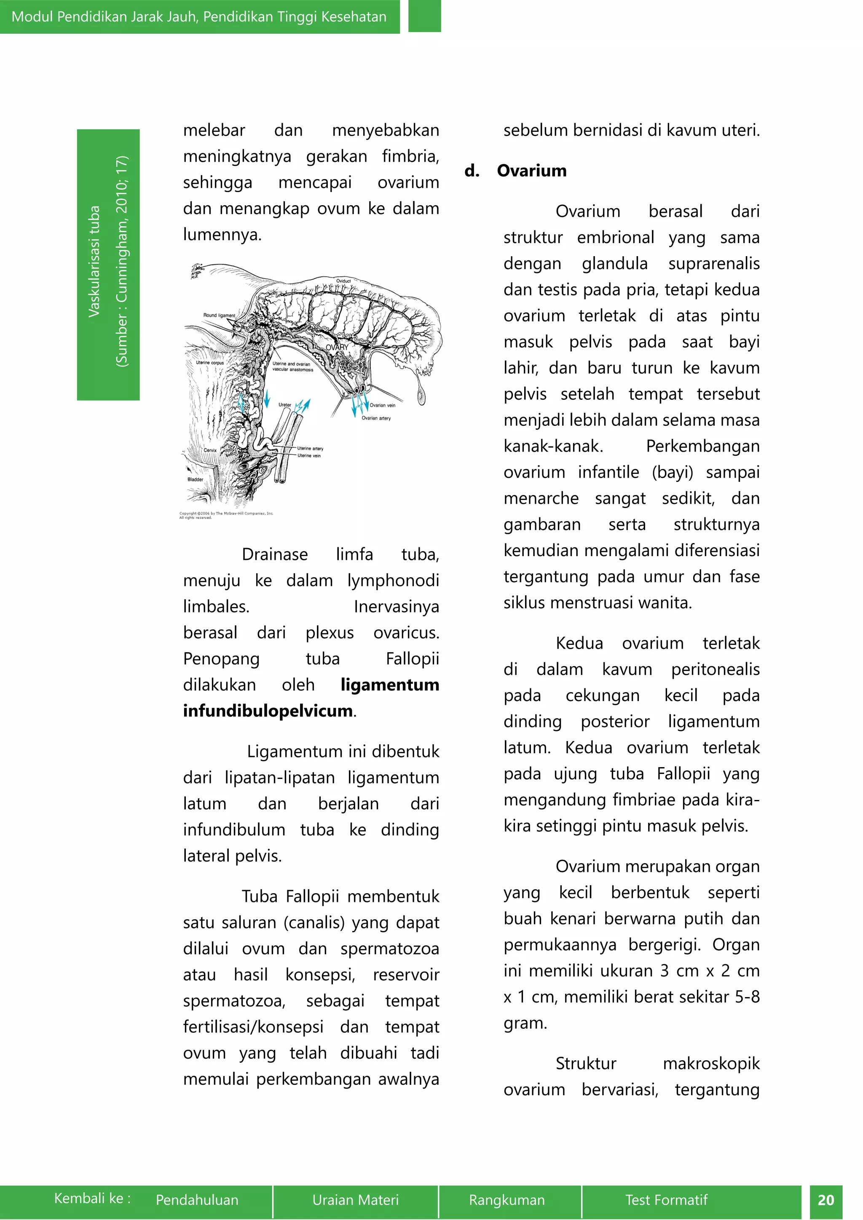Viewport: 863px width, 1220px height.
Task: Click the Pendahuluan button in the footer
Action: (x=197, y=1200)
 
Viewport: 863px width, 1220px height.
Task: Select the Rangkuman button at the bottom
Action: (x=507, y=1200)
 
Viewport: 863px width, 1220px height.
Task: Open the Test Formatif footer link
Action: (x=666, y=1200)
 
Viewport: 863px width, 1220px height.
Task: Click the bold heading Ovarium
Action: (x=531, y=171)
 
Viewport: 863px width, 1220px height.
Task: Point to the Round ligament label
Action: (x=219, y=316)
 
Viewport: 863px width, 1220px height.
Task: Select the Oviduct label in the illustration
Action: (x=343, y=281)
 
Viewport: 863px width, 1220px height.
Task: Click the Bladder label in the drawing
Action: (x=195, y=479)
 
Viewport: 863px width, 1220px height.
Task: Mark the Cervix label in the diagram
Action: (x=210, y=450)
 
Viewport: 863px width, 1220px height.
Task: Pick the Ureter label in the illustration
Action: (x=285, y=405)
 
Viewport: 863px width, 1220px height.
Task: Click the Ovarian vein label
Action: (x=382, y=405)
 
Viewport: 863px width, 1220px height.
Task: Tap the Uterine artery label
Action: (x=310, y=449)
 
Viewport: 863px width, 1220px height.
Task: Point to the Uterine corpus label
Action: (x=209, y=362)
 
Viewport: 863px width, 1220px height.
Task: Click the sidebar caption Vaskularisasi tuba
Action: (x=94, y=262)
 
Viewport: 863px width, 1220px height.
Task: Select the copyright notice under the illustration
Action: (x=226, y=515)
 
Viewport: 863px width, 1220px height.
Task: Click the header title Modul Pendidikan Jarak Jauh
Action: (x=199, y=16)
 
